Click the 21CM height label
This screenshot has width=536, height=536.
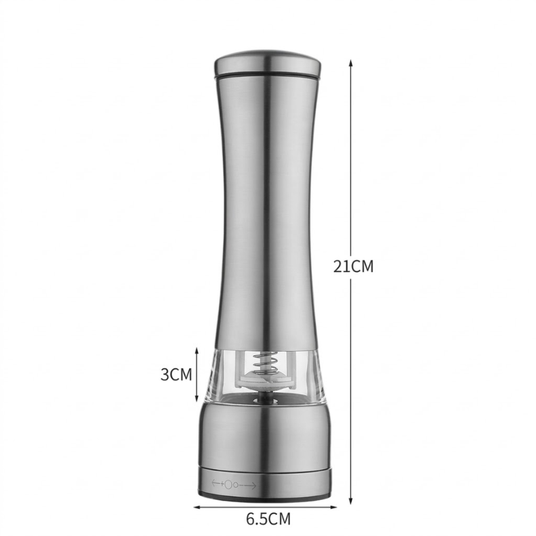[354, 266]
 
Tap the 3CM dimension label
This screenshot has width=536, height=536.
[176, 375]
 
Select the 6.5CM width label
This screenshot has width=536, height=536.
[269, 519]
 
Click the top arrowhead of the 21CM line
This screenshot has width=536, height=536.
[350, 64]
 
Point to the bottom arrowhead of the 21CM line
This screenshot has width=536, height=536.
[350, 500]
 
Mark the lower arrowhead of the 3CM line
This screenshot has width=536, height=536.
[196, 397]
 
